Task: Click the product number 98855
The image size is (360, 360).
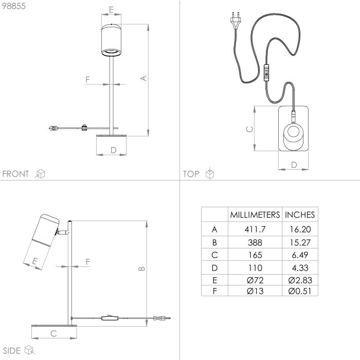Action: (x=14, y=6)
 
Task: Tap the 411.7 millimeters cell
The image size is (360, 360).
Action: (x=255, y=229)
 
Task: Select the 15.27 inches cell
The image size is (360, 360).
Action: (x=300, y=242)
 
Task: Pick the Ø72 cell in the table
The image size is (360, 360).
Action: (x=255, y=280)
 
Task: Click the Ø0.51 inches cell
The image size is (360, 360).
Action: (x=300, y=291)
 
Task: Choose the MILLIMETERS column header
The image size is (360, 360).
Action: (x=255, y=214)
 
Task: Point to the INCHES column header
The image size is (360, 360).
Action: (x=300, y=214)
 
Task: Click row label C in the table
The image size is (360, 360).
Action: (x=214, y=255)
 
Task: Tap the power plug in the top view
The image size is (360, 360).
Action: (x=236, y=21)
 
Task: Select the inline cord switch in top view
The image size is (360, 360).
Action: (x=266, y=73)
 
